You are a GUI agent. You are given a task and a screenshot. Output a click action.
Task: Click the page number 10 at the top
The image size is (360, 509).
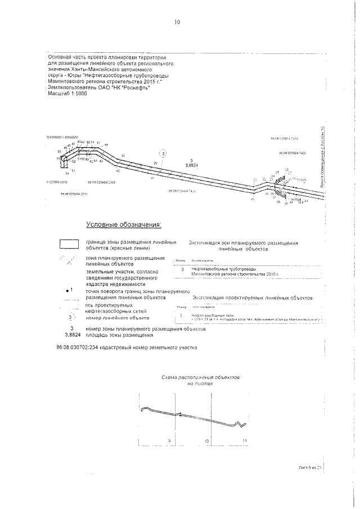[x=177, y=23]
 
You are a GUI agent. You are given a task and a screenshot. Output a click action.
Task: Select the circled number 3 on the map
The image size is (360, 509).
[x=163, y=153]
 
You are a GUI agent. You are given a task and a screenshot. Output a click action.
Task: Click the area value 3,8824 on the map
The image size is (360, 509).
[x=192, y=165]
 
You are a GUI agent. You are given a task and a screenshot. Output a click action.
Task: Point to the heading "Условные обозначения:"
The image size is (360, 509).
[x=123, y=225]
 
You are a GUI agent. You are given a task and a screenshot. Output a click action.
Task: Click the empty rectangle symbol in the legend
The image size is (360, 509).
[x=70, y=244]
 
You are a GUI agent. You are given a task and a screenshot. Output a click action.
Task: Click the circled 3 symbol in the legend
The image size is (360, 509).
[x=71, y=317]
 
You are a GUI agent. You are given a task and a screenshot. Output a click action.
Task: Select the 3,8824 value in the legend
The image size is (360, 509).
[x=71, y=335]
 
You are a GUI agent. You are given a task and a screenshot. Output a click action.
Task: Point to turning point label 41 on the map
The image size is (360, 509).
[x=152, y=178]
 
